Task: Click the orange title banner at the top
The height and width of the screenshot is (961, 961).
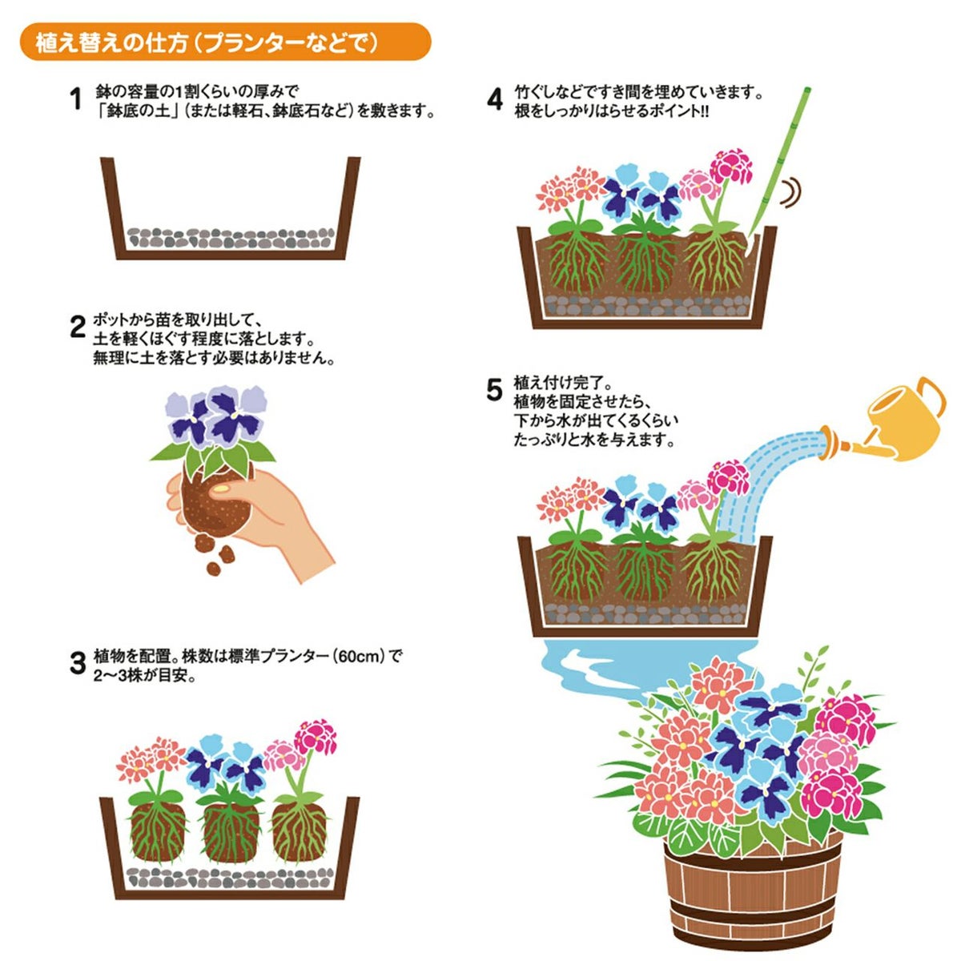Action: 225,42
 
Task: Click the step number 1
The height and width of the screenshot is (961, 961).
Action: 76,99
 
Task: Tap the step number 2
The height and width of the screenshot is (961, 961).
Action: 78,328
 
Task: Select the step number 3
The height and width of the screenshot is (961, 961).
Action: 78,663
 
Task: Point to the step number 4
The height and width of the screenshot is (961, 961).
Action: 495,99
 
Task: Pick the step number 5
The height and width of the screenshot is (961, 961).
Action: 494,390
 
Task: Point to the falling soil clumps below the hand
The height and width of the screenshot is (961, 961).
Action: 215,552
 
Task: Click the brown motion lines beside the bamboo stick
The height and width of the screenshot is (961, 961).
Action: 791,192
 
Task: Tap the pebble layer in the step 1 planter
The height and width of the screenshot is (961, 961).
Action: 231,239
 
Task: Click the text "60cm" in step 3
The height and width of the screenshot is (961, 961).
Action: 358,657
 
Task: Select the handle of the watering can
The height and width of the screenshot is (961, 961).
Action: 931,397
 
